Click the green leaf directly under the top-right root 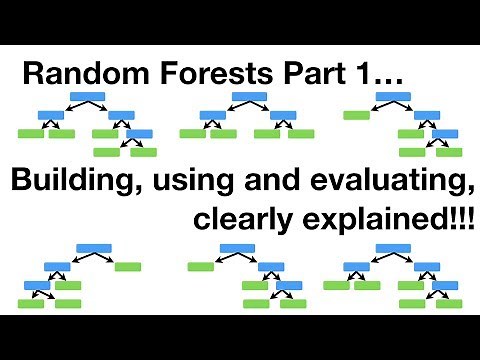(x=356, y=115)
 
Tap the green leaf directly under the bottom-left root (x=127, y=267)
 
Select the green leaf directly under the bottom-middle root (x=200, y=267)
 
